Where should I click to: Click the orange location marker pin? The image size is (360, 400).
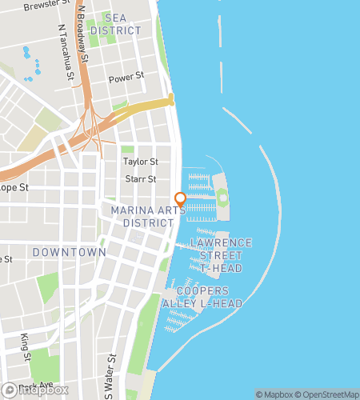click(x=180, y=198)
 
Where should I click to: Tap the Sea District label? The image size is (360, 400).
click(x=115, y=24)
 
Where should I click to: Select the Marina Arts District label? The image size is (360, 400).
click(x=142, y=216)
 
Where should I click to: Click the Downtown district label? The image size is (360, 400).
click(x=69, y=252)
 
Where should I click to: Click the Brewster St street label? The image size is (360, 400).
click(x=46, y=6)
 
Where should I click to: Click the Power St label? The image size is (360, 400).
click(x=126, y=77)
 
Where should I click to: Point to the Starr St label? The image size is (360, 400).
click(x=140, y=179)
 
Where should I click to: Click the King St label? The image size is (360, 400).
click(x=25, y=346)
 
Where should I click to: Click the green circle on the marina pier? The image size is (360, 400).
click(x=222, y=197)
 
